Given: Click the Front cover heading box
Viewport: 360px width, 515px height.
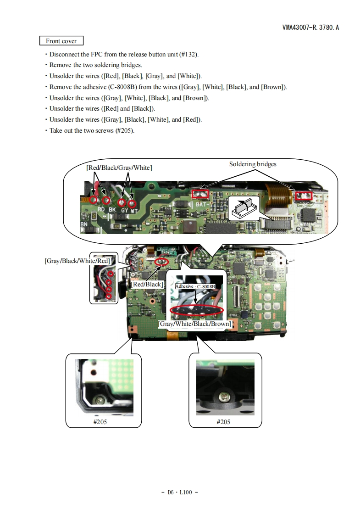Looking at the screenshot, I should tap(61, 41).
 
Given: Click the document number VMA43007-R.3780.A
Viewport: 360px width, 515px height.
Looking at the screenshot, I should tap(310, 28).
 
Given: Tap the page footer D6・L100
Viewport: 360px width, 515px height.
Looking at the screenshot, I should tap(180, 492).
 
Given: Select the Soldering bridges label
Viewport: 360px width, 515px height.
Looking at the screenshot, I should tap(253, 164).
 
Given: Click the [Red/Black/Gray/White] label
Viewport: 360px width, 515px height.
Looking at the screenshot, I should tap(119, 168).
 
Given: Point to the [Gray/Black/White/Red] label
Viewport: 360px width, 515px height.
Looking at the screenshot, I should tap(77, 261).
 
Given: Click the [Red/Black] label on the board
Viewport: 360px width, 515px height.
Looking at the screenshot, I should tap(147, 284).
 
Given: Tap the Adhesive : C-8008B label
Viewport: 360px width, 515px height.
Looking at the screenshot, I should tap(195, 286).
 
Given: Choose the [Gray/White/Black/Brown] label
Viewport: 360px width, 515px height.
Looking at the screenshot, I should tap(195, 324).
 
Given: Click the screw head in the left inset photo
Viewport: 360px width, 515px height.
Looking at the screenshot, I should tap(100, 401).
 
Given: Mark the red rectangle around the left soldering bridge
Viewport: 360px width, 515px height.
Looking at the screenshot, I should tap(200, 195).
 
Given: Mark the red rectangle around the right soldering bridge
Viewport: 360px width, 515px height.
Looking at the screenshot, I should tap(303, 196).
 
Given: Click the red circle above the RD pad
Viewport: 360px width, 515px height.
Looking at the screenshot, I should tap(94, 200).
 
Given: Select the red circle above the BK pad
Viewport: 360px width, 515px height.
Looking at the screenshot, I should tap(106, 201).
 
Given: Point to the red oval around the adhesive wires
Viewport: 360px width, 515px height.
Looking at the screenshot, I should tap(196, 310).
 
